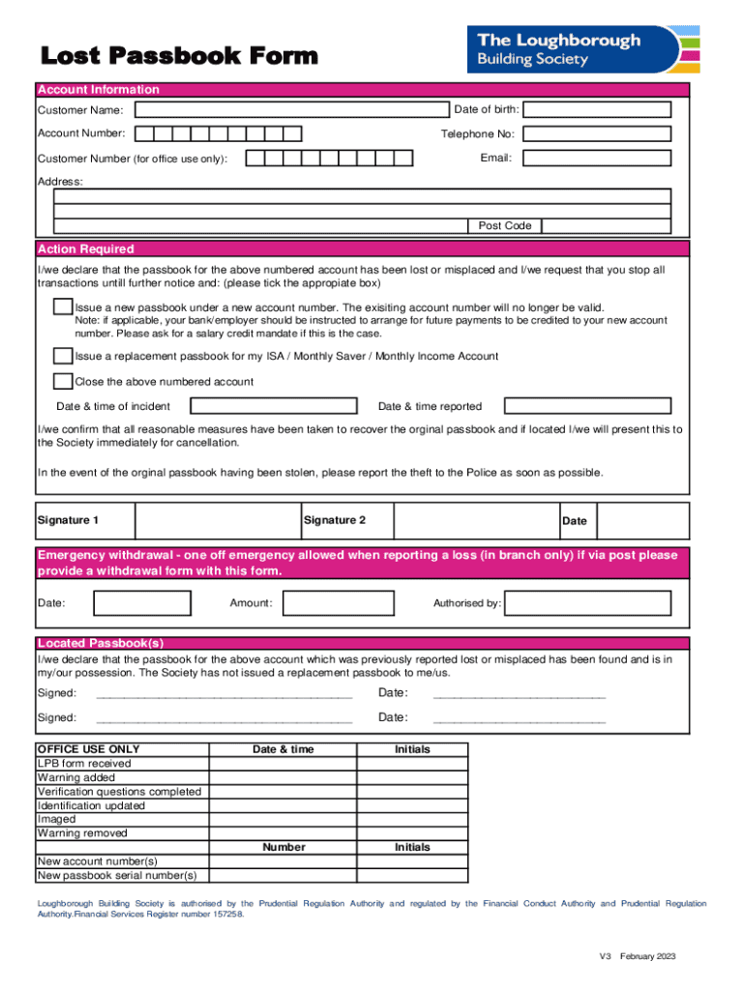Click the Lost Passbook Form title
tap(178, 56)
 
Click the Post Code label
tap(505, 226)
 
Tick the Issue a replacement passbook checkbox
tap(63, 356)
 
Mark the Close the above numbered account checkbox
tap(63, 381)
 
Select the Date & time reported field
tap(587, 406)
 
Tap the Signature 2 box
tap(475, 521)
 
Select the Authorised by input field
tap(588, 603)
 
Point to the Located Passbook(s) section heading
tap(101, 643)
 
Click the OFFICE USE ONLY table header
tap(88, 749)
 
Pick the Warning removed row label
tap(82, 833)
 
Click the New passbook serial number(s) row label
tap(117, 876)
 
